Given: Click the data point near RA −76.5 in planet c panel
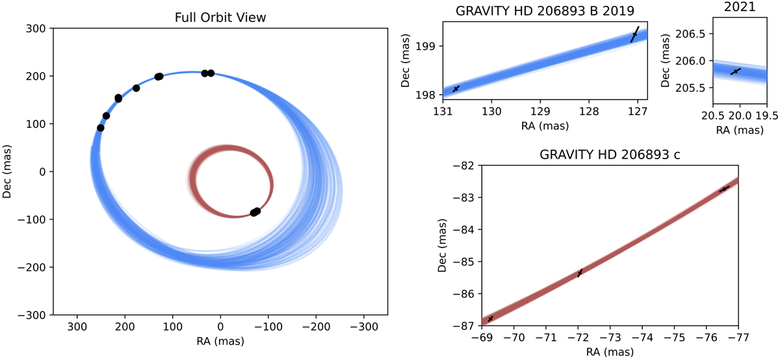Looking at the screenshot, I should [724, 188].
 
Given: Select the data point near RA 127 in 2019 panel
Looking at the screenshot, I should [635, 34].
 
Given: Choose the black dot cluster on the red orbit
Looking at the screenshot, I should [255, 212].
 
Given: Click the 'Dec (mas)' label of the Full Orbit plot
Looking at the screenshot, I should [8, 172].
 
